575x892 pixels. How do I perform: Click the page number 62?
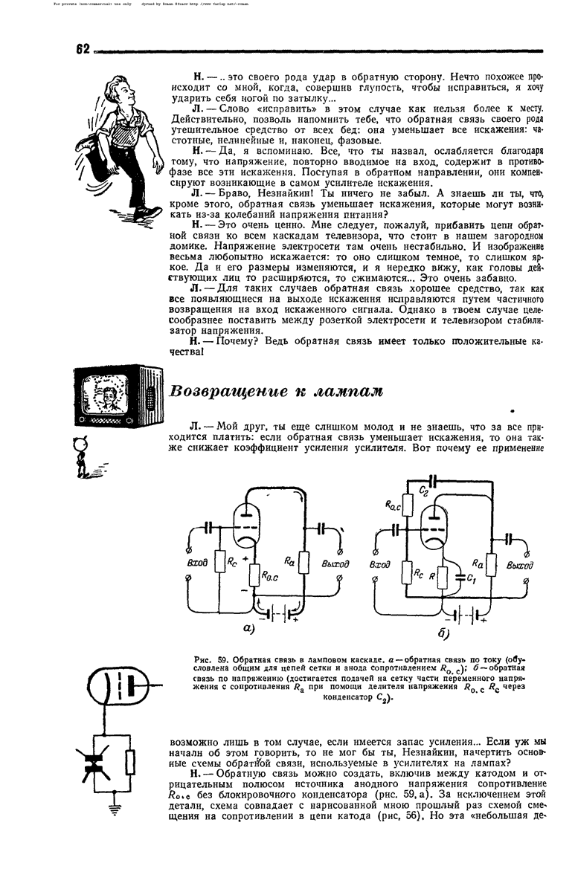(x=82, y=49)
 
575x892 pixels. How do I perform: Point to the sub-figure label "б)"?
(x=446, y=633)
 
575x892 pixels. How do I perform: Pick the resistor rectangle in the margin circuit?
(x=130, y=761)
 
